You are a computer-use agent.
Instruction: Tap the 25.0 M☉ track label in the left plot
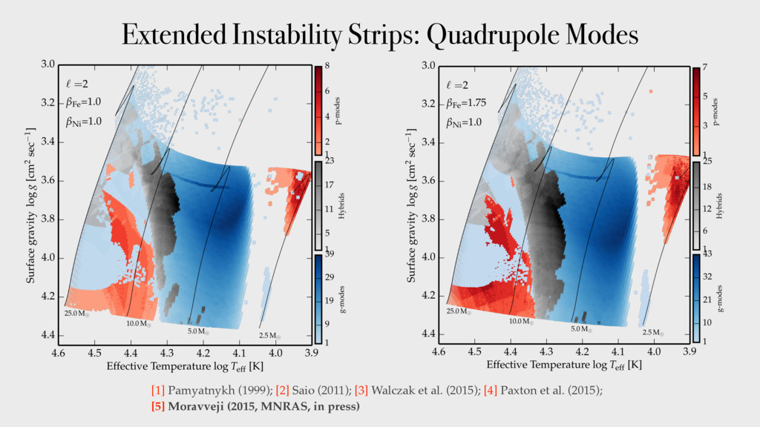coord(76,314)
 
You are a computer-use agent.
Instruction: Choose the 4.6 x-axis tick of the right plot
coord(439,351)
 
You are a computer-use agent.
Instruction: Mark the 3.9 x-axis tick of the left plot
coord(311,351)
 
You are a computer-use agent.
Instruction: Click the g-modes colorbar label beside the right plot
coord(719,298)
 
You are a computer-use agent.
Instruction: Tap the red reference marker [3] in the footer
coord(361,390)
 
